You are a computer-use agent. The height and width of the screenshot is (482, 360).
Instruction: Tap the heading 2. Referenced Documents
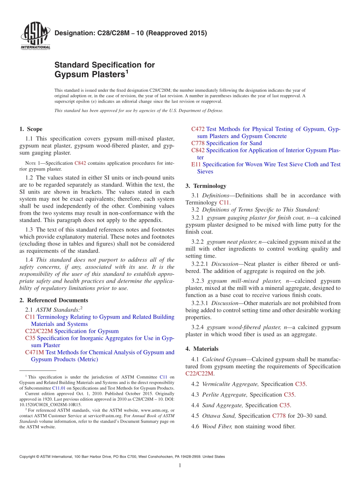(x=53, y=300)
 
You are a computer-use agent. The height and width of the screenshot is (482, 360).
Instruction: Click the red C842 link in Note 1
(x=80, y=163)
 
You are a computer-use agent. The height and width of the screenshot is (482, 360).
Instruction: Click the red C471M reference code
(x=34, y=352)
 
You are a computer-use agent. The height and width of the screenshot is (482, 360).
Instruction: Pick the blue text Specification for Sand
(x=234, y=143)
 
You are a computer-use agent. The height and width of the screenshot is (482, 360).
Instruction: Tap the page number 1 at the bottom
(x=180, y=465)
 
